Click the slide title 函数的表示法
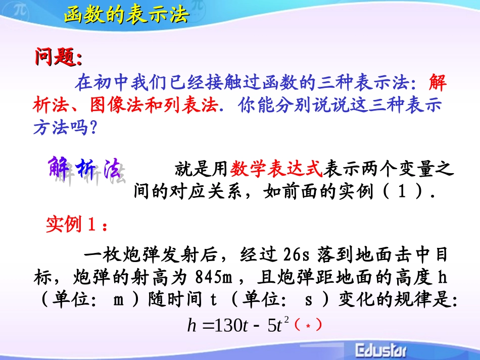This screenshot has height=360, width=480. coord(126,15)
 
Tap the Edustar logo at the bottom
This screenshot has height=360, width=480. coord(382,350)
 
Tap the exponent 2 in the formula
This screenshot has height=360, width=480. coord(286,321)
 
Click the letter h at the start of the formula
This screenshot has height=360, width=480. coord(191,326)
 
